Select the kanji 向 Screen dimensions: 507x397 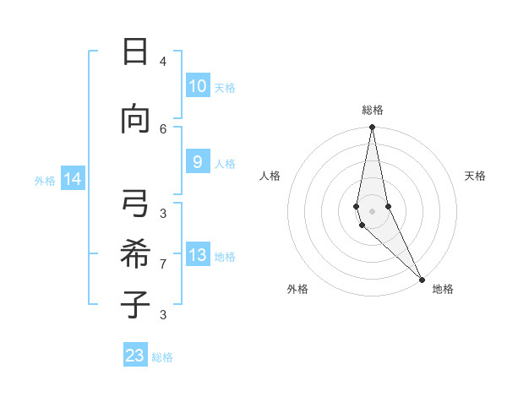pyautogui.click(x=135, y=119)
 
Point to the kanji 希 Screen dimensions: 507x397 pyautogui.click(x=135, y=253)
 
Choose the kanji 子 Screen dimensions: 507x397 pyautogui.click(x=135, y=303)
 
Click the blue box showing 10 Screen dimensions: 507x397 pyautogui.click(x=197, y=86)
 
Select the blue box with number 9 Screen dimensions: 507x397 pyautogui.click(x=197, y=162)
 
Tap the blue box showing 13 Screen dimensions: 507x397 pyautogui.click(x=197, y=255)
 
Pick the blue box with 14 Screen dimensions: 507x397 pyautogui.click(x=72, y=179)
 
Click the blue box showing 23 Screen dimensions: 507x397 pyautogui.click(x=135, y=356)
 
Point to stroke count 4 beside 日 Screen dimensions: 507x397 pyautogui.click(x=163, y=62)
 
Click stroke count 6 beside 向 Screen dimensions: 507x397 pyautogui.click(x=163, y=128)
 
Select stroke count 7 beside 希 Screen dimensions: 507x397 pyautogui.click(x=163, y=264)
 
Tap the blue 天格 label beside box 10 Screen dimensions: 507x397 pyautogui.click(x=225, y=87)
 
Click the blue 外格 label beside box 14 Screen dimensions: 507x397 pyautogui.click(x=45, y=180)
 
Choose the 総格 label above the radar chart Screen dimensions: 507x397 pyautogui.click(x=373, y=110)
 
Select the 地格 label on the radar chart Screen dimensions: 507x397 pyautogui.click(x=443, y=289)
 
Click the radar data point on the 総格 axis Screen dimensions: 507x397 pyautogui.click(x=372, y=128)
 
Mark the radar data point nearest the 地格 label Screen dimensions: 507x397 pyautogui.click(x=422, y=278)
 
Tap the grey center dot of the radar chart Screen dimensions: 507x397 pyautogui.click(x=372, y=210)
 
